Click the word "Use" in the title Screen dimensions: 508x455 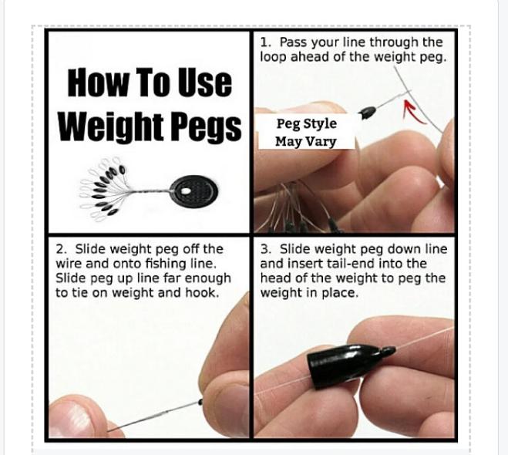tap(205, 83)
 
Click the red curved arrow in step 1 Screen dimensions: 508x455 tap(414, 112)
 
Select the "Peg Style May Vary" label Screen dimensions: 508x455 tap(306, 132)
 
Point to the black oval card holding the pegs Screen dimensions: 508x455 tap(193, 193)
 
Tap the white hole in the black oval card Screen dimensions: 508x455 tap(185, 191)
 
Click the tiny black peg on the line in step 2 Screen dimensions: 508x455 tap(200, 403)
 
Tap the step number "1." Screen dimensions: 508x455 tap(265, 42)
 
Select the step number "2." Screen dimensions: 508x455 tap(61, 250)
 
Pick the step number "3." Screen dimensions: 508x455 tap(266, 250)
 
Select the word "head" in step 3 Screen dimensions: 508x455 tap(274, 278)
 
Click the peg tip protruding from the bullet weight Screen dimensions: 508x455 tap(388, 350)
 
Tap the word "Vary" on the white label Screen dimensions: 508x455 tap(321, 142)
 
